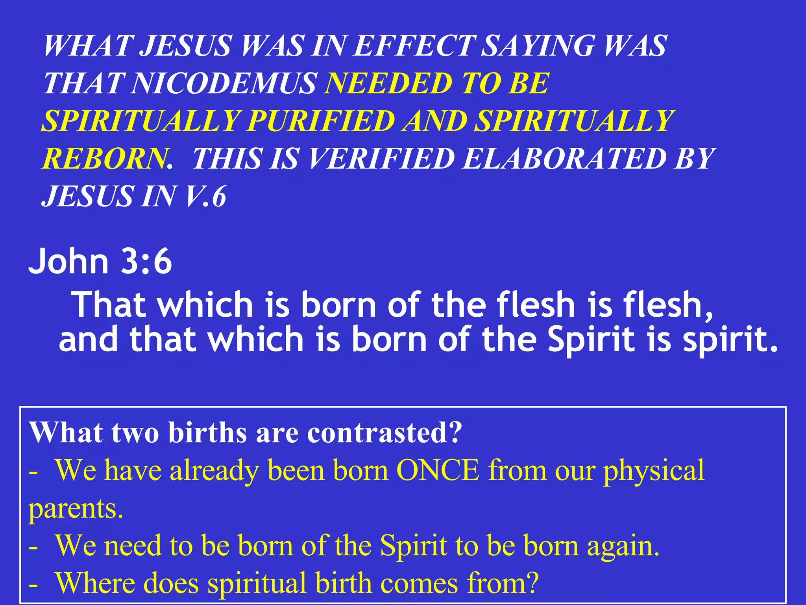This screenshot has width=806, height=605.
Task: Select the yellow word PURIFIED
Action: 321,121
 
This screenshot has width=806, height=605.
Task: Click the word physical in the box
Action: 654,471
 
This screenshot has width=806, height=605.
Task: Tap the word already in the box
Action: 214,471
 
